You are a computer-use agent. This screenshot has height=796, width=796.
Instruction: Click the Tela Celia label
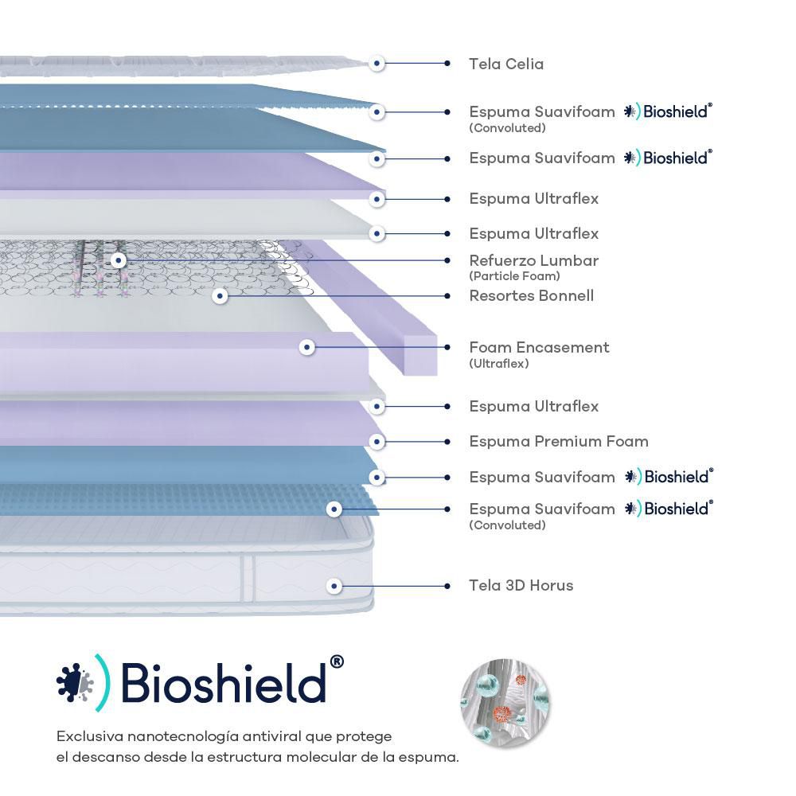point(506,64)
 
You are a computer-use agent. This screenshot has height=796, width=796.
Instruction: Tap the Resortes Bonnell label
point(531,296)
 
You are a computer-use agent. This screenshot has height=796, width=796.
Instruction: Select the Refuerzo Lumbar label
point(533,260)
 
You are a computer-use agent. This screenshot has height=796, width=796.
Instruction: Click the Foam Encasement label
point(539,347)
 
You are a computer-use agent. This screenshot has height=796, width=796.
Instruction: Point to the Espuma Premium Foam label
point(558,441)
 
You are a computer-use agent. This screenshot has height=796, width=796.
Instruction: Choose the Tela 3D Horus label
point(521,585)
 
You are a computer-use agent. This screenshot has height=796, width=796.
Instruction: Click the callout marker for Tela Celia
point(377,63)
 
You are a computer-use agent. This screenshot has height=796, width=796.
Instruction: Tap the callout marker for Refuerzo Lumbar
point(119,260)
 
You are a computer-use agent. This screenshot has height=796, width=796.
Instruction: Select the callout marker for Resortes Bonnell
point(220,296)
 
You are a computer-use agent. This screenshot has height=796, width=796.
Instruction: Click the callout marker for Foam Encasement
point(307,347)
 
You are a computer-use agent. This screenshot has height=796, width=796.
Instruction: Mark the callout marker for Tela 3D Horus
point(334,586)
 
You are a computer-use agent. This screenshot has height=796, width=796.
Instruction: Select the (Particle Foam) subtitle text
point(514,276)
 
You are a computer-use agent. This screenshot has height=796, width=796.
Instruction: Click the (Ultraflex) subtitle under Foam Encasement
point(499,364)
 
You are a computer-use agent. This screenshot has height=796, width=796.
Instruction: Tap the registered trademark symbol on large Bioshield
point(336,662)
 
